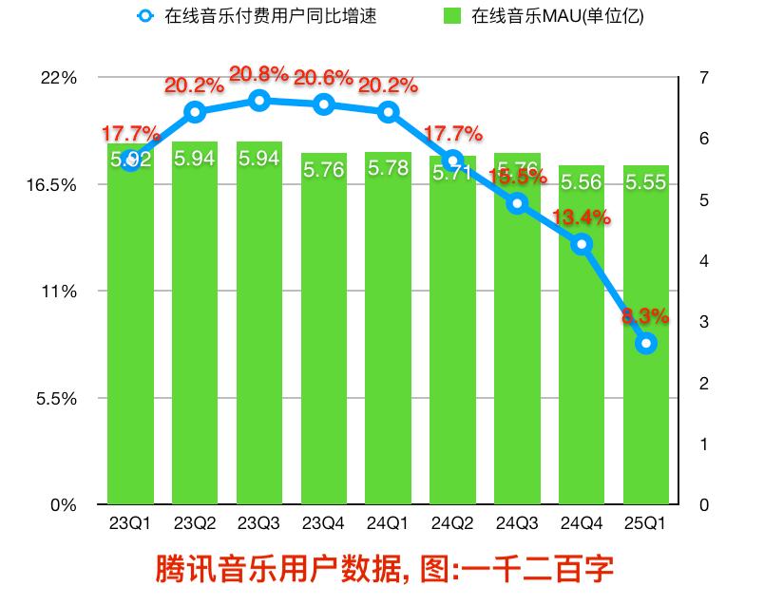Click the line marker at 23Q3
point(259,101)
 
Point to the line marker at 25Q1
point(646,344)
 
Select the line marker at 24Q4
point(582,244)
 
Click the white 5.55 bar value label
point(646,182)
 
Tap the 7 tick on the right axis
point(702,78)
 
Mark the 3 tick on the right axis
point(702,322)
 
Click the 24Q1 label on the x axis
point(388,523)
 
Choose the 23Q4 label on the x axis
point(323,523)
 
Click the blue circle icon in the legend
point(144,16)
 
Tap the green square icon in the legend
point(452,16)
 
